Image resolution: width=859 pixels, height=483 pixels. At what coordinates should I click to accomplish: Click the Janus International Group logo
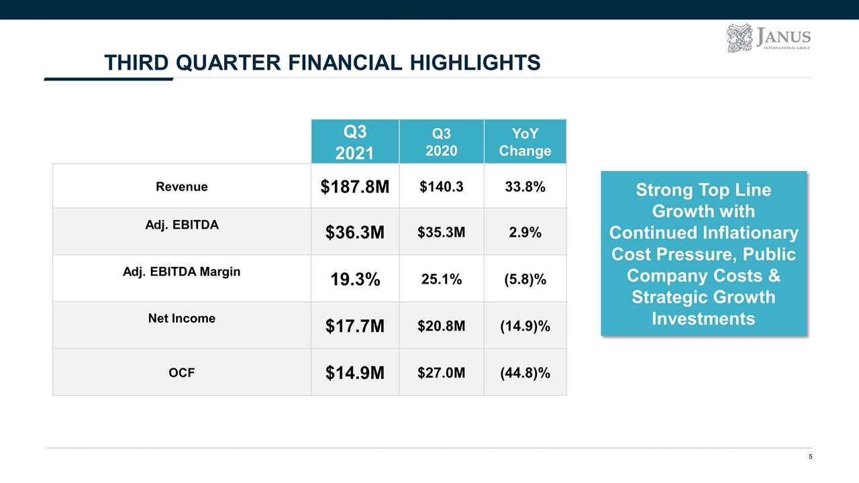(x=768, y=38)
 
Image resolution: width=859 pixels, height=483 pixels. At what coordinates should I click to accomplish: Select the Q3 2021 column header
(x=354, y=142)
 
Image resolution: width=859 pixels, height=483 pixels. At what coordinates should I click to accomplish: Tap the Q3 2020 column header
(x=441, y=142)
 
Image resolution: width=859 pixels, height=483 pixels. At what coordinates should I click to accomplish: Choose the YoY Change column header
(x=525, y=142)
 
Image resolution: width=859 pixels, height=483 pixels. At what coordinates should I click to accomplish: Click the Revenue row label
(x=182, y=187)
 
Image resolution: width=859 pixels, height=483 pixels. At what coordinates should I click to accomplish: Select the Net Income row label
(x=182, y=319)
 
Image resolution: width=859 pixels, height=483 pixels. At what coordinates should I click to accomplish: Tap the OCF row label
(x=182, y=372)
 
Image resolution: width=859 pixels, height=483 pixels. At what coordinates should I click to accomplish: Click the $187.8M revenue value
(x=354, y=188)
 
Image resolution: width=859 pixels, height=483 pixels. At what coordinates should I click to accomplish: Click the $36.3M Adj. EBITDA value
(x=354, y=233)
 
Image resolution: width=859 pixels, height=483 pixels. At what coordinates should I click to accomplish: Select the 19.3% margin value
(x=354, y=280)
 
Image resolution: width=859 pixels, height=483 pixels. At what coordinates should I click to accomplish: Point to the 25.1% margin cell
(x=441, y=280)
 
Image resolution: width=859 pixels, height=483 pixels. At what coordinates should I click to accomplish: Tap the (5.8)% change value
(x=525, y=280)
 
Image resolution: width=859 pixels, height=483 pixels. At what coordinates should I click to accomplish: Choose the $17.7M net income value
(x=354, y=327)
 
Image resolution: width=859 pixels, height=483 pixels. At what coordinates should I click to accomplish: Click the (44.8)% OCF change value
(x=525, y=373)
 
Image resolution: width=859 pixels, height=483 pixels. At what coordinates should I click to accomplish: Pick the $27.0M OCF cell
(x=441, y=373)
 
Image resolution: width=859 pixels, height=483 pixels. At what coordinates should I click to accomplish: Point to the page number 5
(x=811, y=458)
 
